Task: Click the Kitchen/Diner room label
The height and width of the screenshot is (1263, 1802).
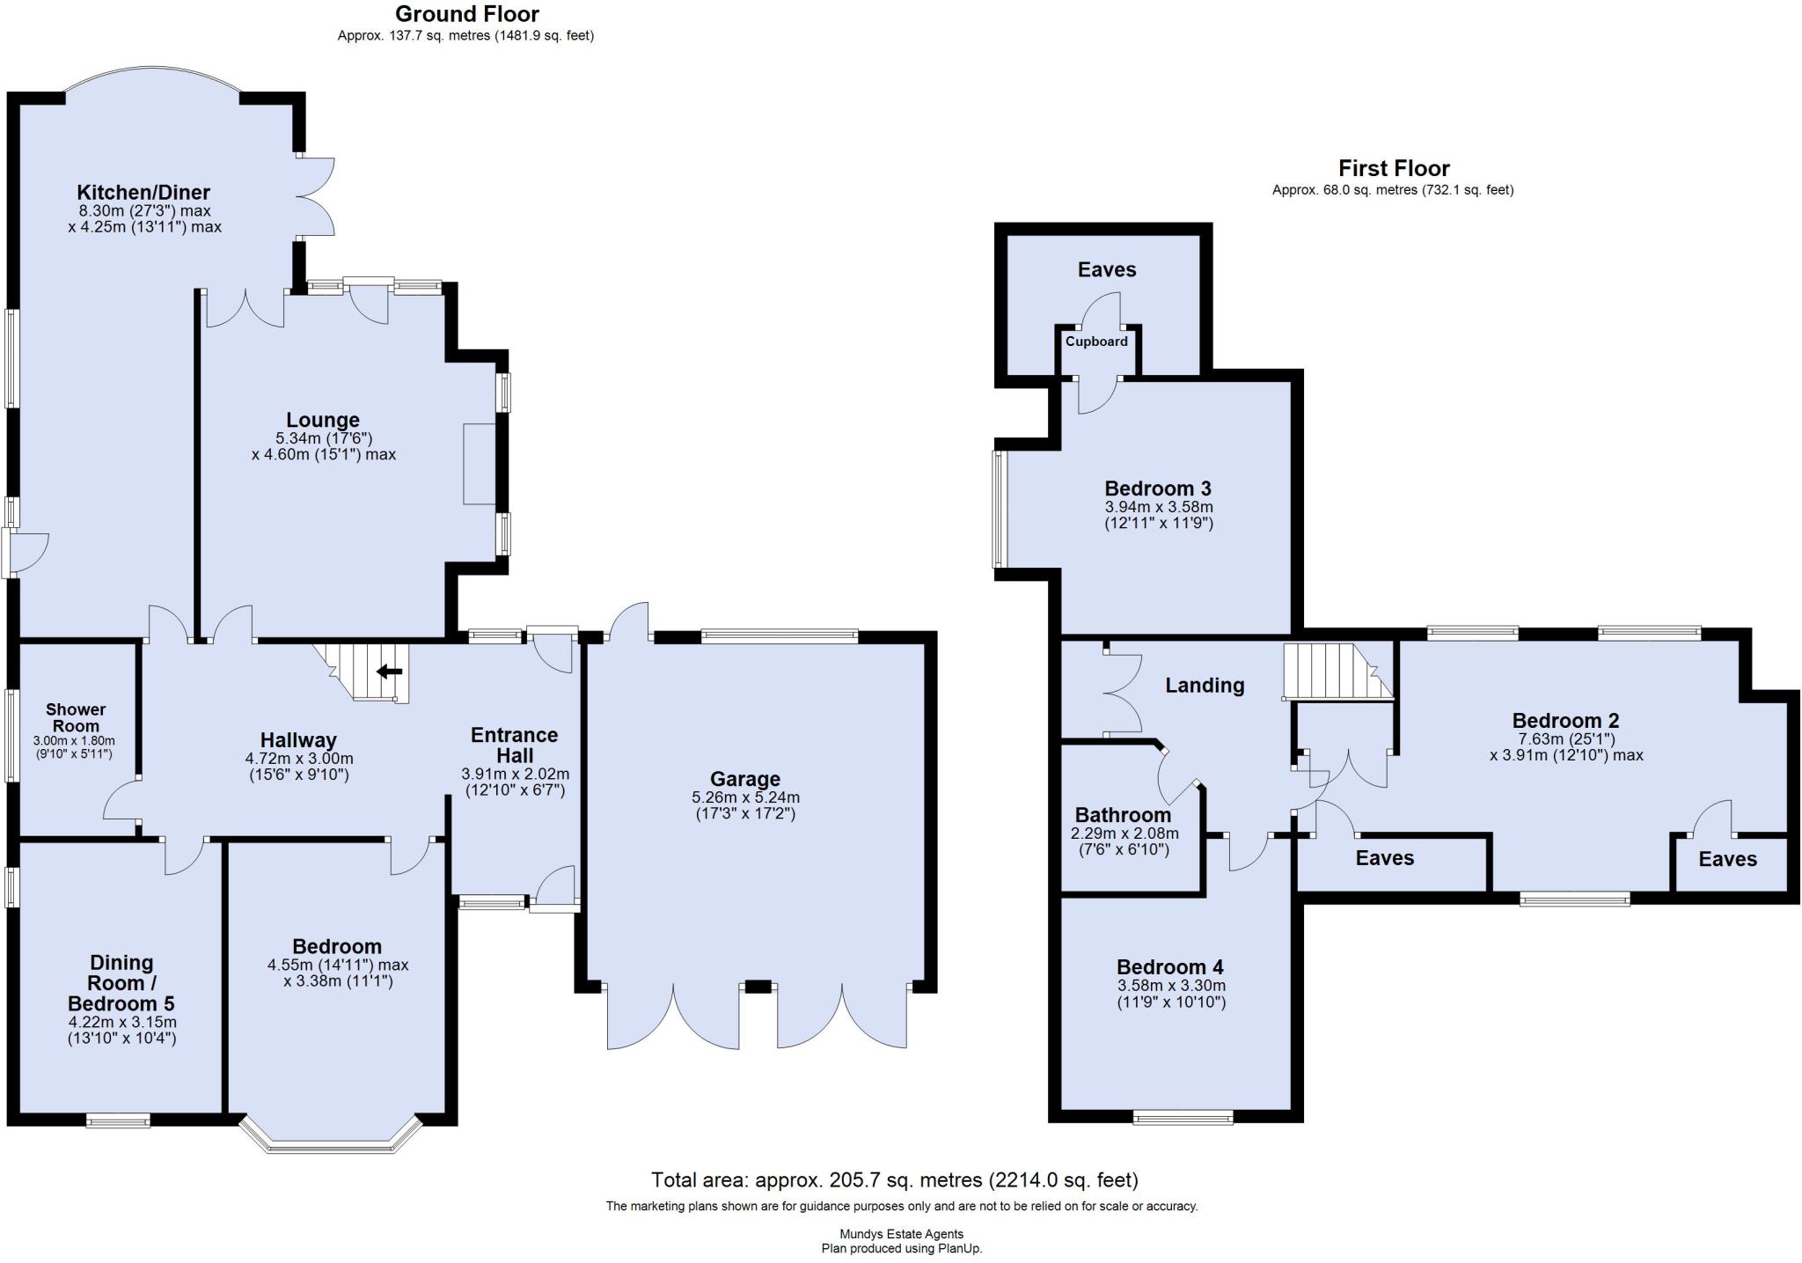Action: pyautogui.click(x=143, y=192)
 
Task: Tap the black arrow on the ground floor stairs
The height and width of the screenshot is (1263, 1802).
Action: pyautogui.click(x=390, y=672)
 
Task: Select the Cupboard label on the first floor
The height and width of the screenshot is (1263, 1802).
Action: pyautogui.click(x=1096, y=341)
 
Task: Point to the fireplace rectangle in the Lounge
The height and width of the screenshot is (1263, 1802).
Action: pyautogui.click(x=480, y=464)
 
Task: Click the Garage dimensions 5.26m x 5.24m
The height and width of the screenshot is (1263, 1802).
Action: pyautogui.click(x=745, y=797)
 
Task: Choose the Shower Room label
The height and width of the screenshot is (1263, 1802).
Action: pyautogui.click(x=76, y=717)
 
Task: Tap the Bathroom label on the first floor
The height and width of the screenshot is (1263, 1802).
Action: pyautogui.click(x=1123, y=815)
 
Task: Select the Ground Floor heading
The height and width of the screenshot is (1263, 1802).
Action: pyautogui.click(x=466, y=14)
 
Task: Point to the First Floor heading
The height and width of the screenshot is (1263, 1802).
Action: pyautogui.click(x=1394, y=168)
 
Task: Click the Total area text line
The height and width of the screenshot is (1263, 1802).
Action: pyautogui.click(x=894, y=1179)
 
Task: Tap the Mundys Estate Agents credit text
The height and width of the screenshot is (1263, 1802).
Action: pyautogui.click(x=901, y=1234)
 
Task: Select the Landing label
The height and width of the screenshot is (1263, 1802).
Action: pyautogui.click(x=1205, y=685)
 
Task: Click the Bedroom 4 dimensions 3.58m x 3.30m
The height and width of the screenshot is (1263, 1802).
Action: pyautogui.click(x=1170, y=986)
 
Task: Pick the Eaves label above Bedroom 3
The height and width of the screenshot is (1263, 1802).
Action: pyautogui.click(x=1107, y=269)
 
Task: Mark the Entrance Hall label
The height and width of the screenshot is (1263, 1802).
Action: pyautogui.click(x=515, y=745)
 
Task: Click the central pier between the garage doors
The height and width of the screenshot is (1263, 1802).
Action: pyautogui.click(x=758, y=987)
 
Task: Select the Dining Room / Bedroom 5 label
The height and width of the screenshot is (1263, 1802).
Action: pyautogui.click(x=121, y=983)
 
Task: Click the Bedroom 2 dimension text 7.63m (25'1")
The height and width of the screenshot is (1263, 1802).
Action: pyautogui.click(x=1566, y=739)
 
